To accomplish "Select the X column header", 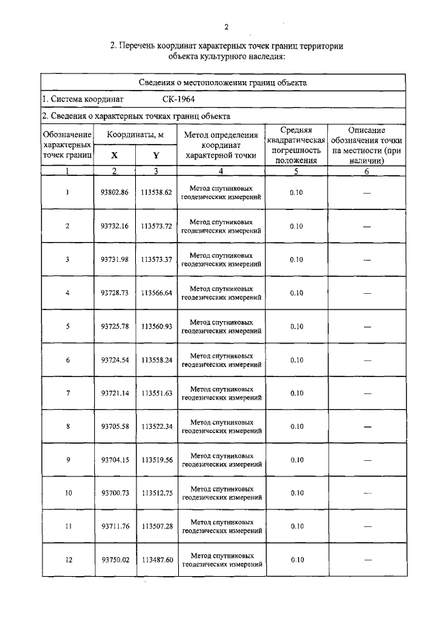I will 114,155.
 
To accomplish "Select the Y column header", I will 156,155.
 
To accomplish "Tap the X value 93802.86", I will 114,193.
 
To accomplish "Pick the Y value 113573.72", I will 156,226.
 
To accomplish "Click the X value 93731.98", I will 114,260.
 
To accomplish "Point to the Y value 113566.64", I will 156,293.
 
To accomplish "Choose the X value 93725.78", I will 114,327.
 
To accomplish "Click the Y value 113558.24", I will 156,360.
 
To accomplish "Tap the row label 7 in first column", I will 68,393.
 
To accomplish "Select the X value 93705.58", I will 114,427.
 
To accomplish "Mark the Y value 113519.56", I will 156,460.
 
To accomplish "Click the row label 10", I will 68,493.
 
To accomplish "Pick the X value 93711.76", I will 114,526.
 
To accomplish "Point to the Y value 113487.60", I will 156,560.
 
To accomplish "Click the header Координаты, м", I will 135,135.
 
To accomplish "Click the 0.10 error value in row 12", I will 296,560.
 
